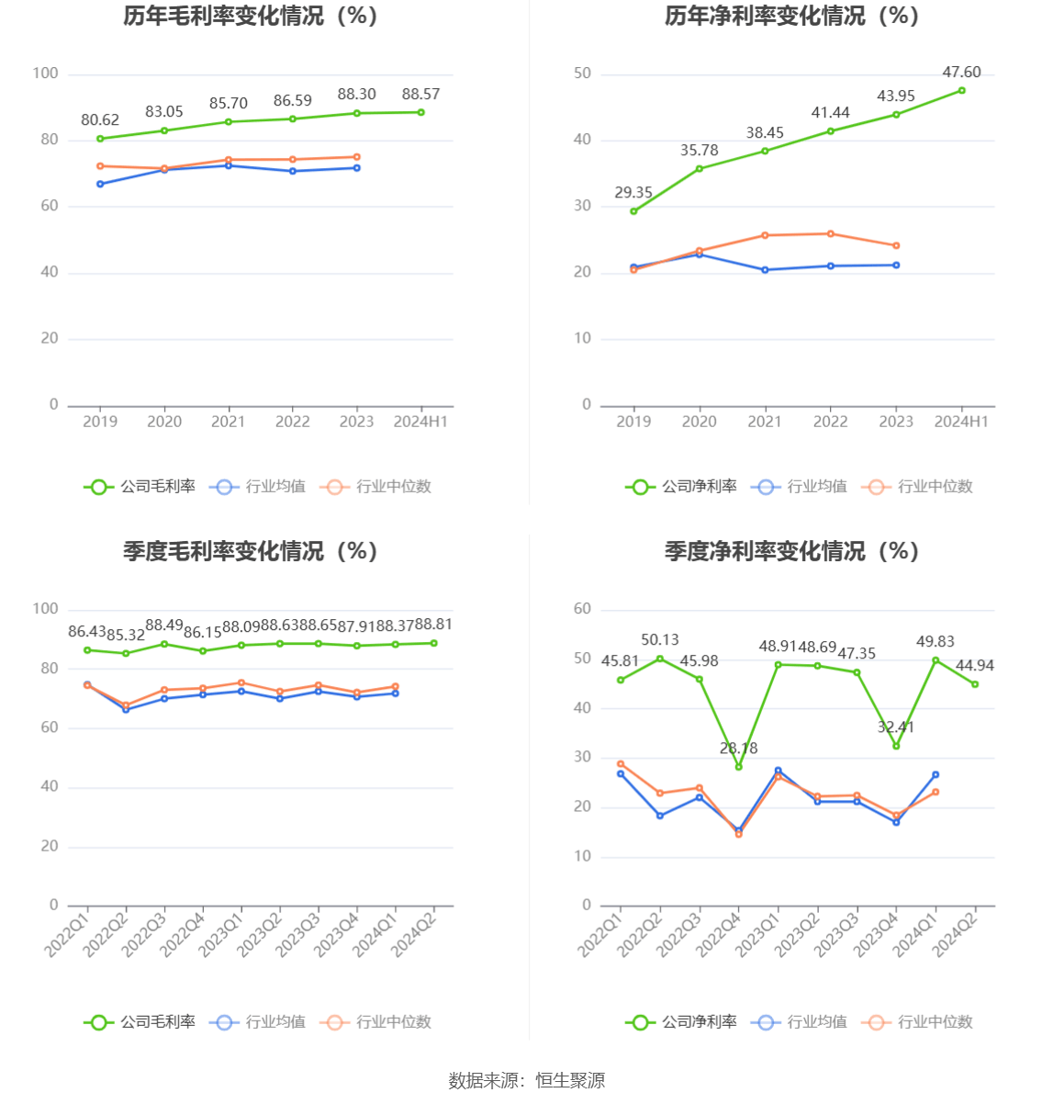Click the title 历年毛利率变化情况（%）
251,16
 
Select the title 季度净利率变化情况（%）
791,551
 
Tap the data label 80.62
100,120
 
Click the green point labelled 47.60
961,90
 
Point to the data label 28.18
738,749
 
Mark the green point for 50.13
660,659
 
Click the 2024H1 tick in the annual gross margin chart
420,422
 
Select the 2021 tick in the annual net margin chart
765,422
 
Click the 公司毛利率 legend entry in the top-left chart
140,487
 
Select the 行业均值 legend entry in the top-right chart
799,487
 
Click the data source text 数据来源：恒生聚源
526,1080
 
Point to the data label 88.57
420,95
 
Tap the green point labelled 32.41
896,746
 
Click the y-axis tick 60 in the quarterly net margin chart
582,609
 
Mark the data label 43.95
896,96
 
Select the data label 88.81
433,625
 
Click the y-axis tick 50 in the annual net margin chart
582,73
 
